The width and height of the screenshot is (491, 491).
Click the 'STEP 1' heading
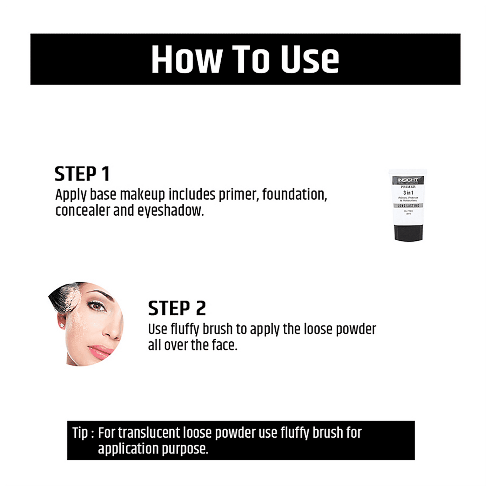tap(82, 174)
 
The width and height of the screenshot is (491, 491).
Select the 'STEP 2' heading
tap(177, 309)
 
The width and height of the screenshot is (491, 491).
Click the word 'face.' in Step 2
tap(224, 345)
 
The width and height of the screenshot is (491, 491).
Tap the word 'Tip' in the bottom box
tap(80, 433)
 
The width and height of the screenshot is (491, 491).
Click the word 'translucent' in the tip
tap(149, 433)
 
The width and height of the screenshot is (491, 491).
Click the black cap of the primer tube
tap(408, 233)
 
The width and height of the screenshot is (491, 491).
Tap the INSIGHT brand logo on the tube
tap(408, 180)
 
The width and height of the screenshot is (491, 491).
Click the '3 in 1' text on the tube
tap(408, 193)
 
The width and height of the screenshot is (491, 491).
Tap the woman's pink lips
tap(100, 351)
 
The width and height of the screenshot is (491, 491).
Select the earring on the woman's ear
tap(62, 326)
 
